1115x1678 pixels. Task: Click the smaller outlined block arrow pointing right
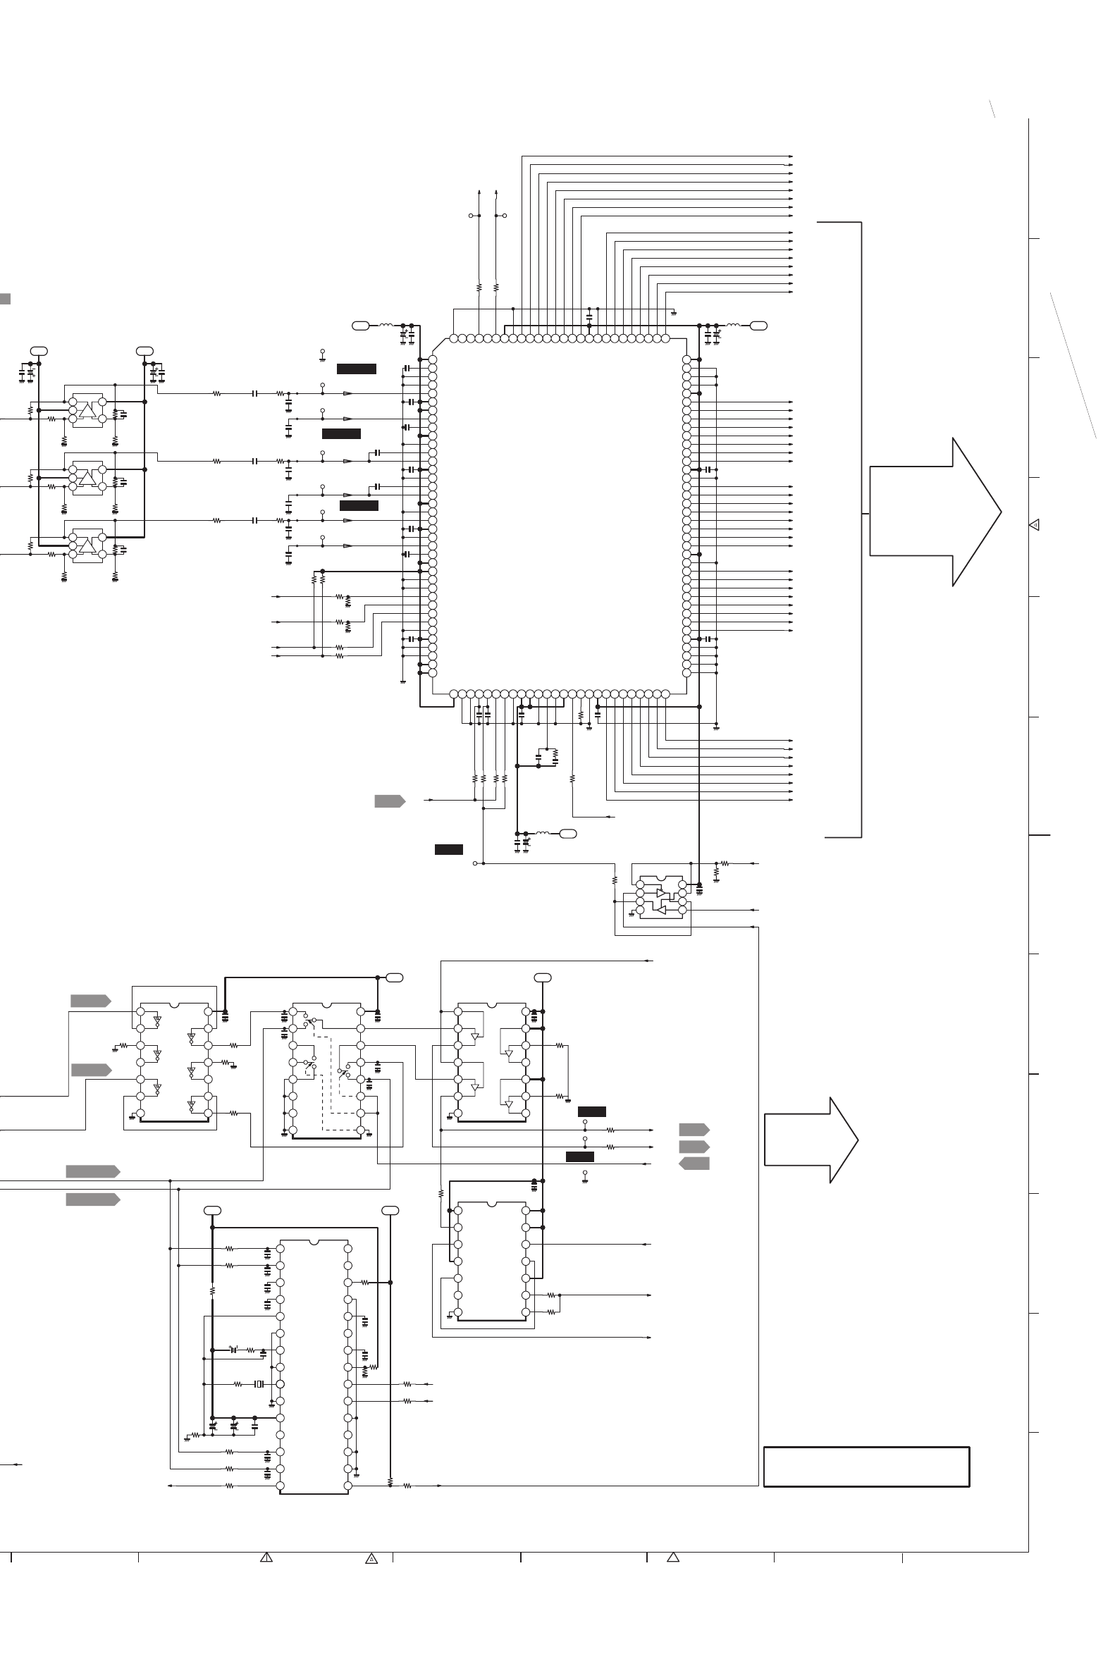point(811,1140)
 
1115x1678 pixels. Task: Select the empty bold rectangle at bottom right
point(866,1466)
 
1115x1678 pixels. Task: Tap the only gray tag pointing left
point(694,1164)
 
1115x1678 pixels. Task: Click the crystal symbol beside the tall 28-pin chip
point(259,1383)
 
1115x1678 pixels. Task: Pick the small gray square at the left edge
point(4,299)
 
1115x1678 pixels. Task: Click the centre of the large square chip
point(559,515)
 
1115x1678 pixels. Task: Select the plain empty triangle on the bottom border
point(672,1557)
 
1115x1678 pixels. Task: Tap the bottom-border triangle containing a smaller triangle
point(371,1559)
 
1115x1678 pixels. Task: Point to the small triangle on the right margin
point(1035,525)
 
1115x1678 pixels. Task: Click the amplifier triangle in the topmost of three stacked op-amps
point(87,411)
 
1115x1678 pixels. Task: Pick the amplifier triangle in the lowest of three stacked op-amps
point(87,546)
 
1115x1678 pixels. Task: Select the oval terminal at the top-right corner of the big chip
point(759,326)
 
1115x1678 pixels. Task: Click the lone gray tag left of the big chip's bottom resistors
point(390,801)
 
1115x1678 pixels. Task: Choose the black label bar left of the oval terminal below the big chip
point(449,849)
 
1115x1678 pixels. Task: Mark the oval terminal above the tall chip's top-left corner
point(212,1210)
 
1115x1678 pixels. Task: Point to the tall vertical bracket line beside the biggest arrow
point(862,530)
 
